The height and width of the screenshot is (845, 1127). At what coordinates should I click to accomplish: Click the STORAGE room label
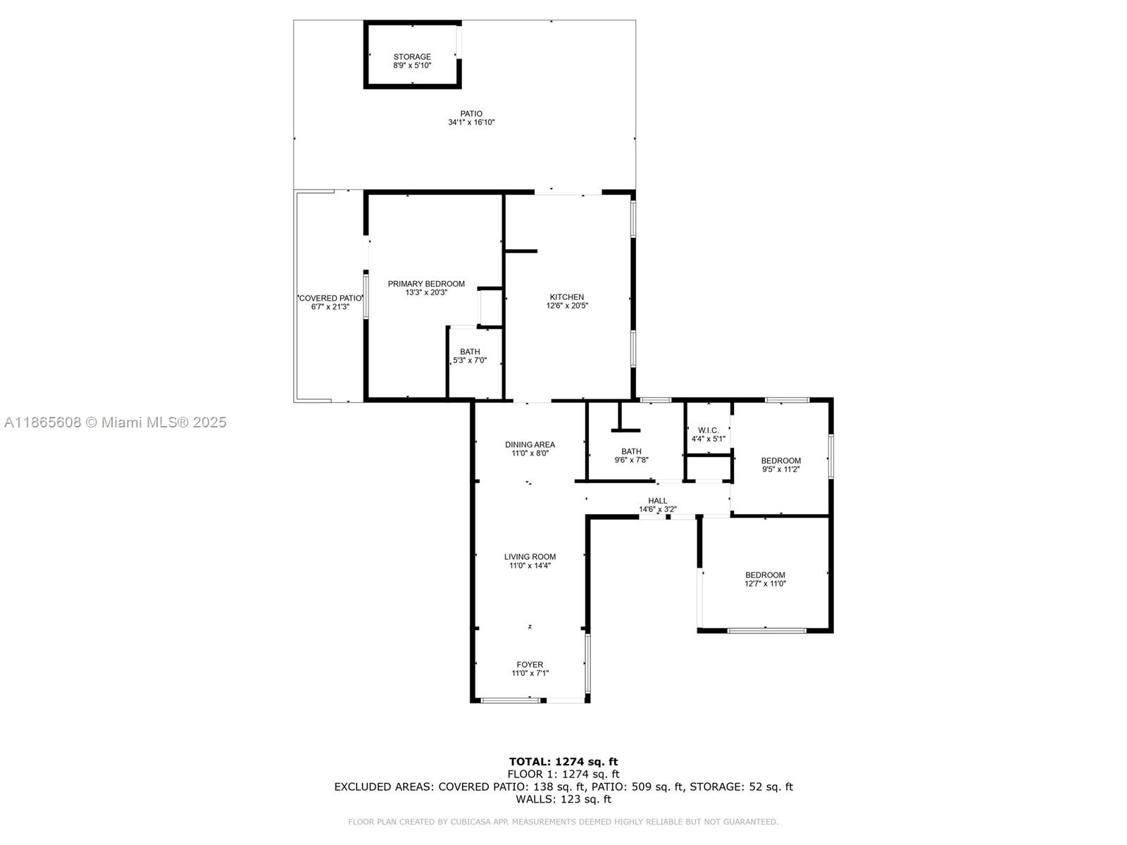(412, 57)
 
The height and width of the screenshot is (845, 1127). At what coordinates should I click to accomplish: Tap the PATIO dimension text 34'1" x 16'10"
(471, 123)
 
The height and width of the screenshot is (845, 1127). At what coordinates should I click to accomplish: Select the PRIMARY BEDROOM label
(426, 284)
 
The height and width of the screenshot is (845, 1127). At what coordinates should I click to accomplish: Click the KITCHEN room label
(567, 297)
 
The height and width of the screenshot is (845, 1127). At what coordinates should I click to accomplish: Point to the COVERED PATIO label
(330, 299)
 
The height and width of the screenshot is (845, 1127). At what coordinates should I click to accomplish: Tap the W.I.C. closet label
(708, 430)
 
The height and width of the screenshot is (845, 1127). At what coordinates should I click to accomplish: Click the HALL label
(658, 501)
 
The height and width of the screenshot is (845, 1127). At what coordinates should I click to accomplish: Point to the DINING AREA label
(530, 444)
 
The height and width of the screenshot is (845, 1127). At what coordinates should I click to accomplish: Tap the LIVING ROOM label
(530, 556)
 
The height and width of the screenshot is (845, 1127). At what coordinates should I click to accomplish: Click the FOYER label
(530, 664)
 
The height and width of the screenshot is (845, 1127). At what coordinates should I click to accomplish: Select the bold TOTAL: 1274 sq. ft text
(563, 761)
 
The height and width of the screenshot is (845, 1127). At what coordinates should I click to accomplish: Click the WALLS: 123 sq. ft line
(563, 799)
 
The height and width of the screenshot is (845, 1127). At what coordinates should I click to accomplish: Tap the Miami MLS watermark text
(116, 423)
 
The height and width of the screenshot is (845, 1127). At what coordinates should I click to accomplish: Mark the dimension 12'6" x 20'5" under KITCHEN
(567, 306)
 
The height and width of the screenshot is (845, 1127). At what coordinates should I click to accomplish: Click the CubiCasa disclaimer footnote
(563, 822)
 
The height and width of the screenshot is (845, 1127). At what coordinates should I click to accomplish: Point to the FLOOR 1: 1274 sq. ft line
(563, 774)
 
